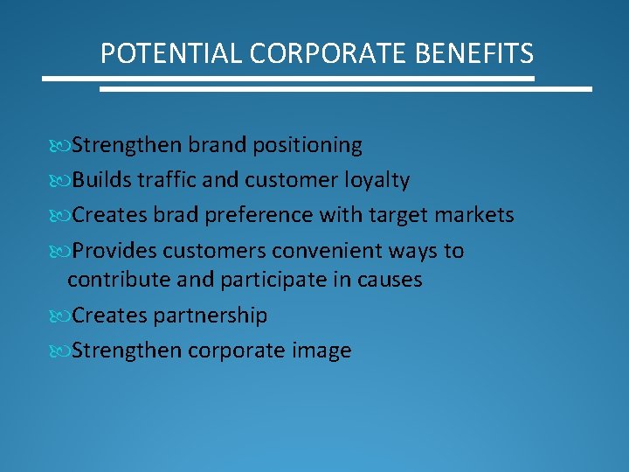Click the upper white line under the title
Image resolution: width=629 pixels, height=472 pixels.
(288, 79)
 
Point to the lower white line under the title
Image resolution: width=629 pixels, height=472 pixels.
(345, 88)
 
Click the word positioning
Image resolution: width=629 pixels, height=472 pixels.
(308, 145)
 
